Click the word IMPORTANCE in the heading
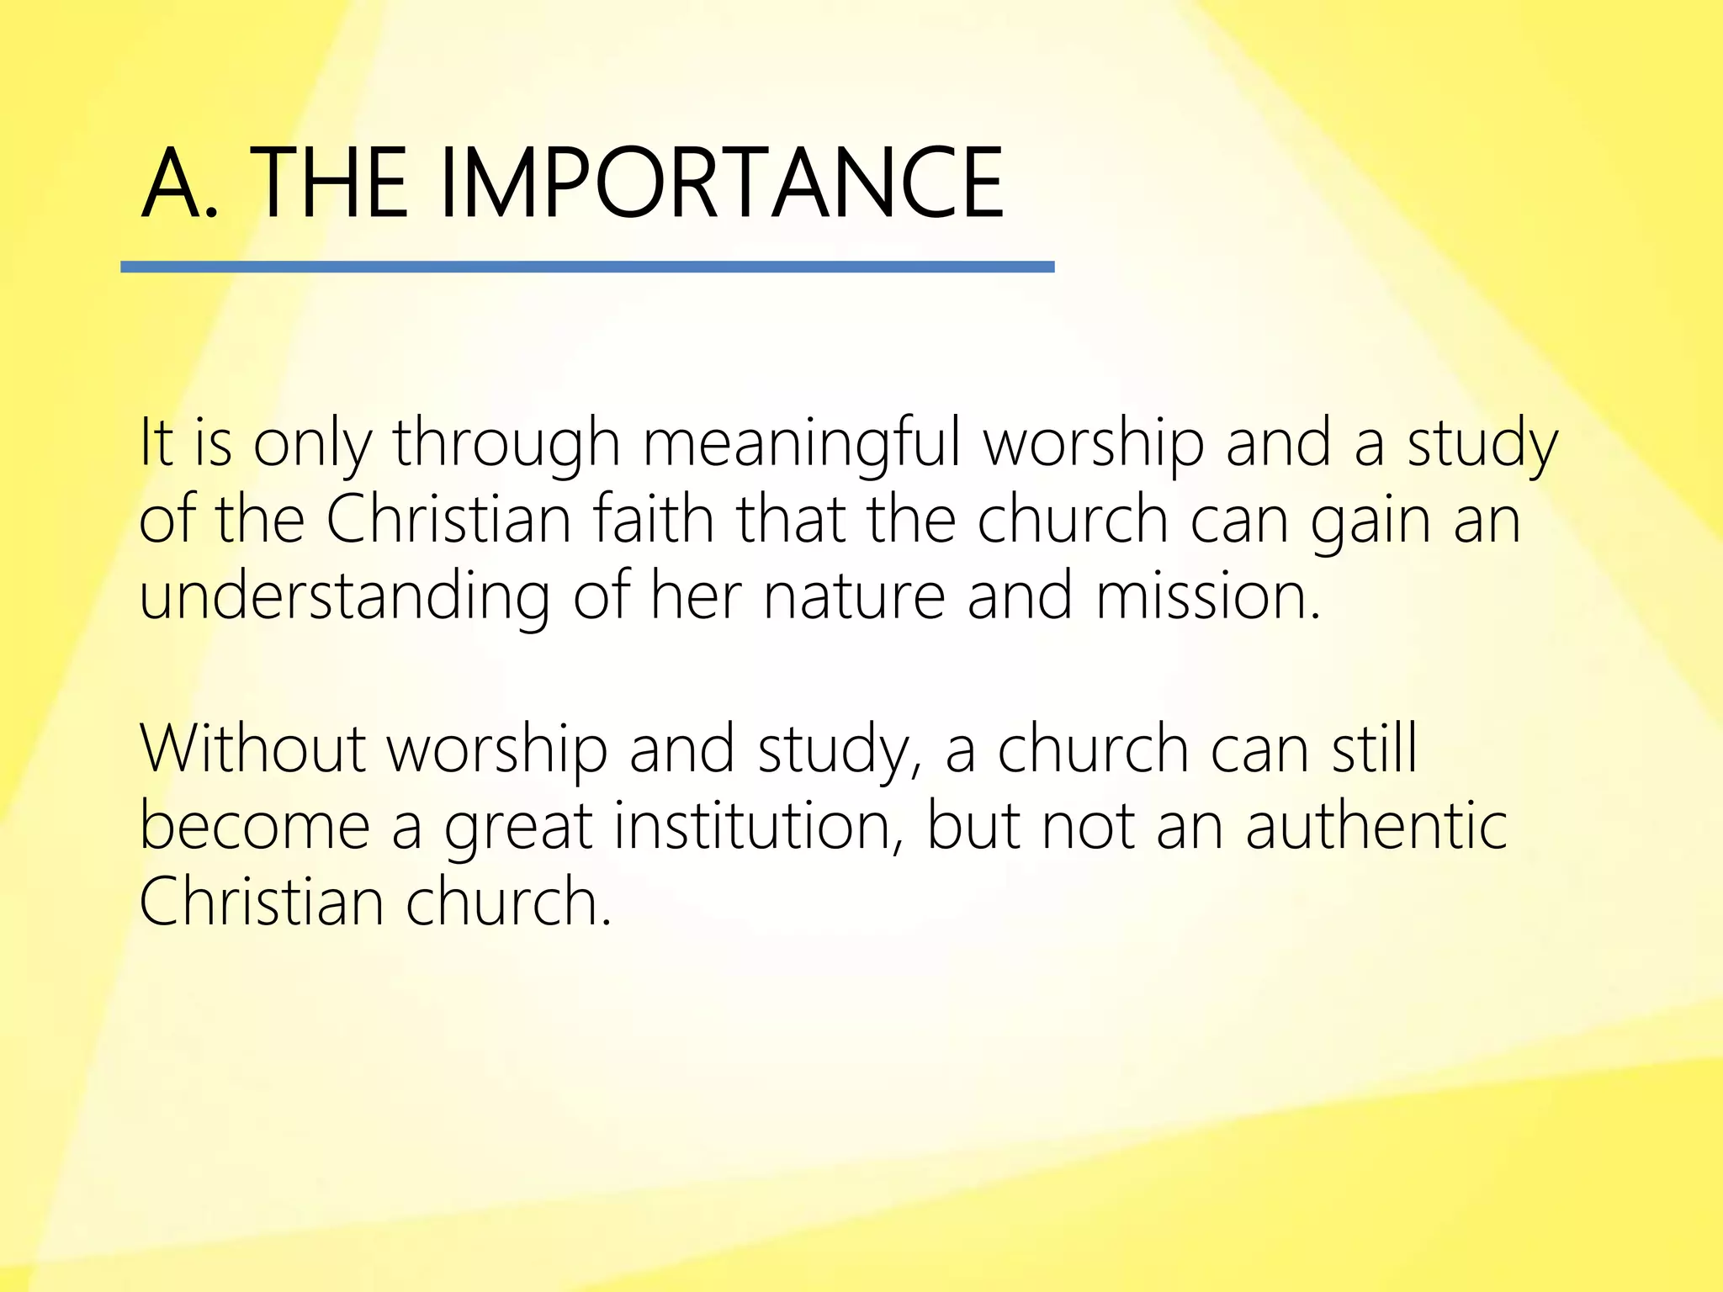click(721, 183)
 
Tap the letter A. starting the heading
click(179, 183)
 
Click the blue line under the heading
click(587, 267)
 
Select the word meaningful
click(802, 443)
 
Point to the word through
click(506, 443)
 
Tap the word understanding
click(344, 596)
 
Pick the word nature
click(854, 596)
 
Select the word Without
click(252, 748)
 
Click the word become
click(255, 825)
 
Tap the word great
click(518, 827)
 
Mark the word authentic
click(1376, 825)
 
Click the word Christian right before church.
click(262, 901)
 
